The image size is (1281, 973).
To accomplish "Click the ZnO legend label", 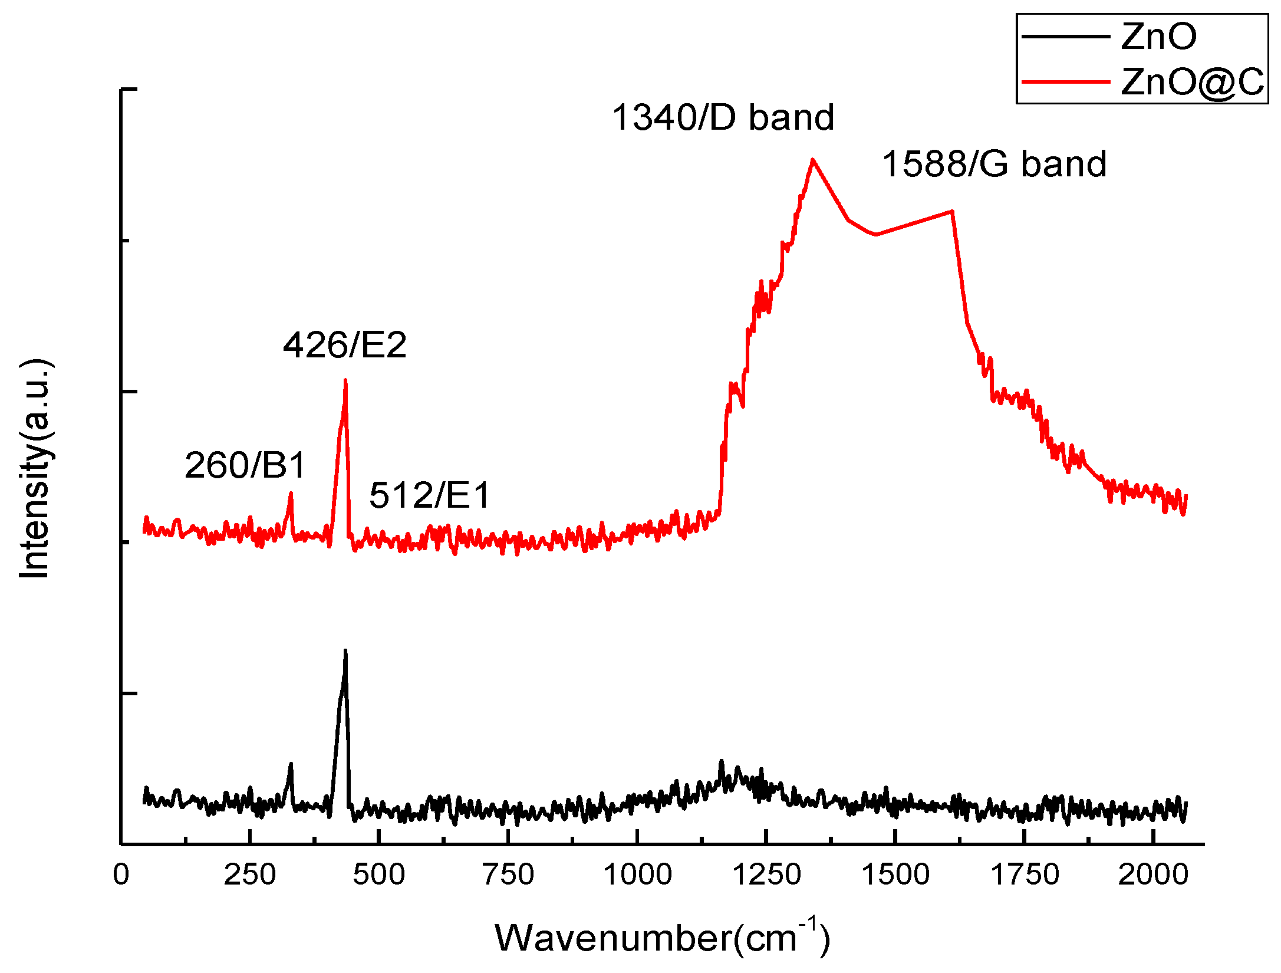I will click(1158, 37).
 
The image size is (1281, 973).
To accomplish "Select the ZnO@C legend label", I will click(1192, 81).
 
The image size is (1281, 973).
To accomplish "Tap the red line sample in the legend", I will click(1065, 81).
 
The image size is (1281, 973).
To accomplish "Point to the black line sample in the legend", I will click(1065, 37).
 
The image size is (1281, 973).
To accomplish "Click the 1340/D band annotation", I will click(723, 117).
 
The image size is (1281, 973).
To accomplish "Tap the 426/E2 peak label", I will click(345, 345).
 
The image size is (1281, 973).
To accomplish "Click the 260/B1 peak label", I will click(245, 465).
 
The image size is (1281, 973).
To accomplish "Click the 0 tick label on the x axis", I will click(121, 875).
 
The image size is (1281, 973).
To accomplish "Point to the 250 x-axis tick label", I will click(249, 875).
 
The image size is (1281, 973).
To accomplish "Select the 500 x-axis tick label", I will click(378, 875).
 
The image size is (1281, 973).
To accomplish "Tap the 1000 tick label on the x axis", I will click(637, 875).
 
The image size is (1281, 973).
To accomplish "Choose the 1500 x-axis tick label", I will click(895, 875).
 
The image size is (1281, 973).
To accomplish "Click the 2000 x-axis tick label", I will click(1153, 875).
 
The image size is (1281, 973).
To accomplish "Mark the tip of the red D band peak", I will click(813, 159).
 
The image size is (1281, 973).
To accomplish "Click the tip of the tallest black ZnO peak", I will click(345, 650).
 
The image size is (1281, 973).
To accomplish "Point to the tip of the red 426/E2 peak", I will click(345, 380).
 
